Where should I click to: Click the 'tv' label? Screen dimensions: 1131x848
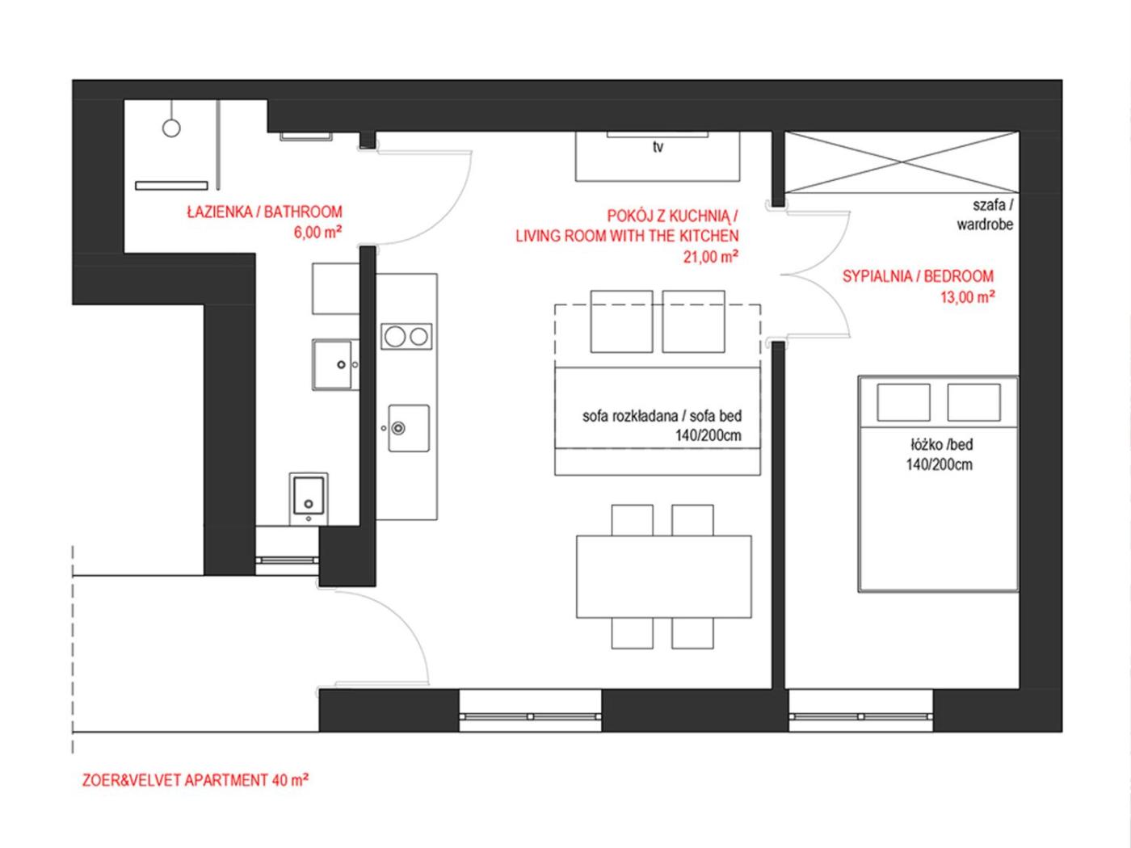658,147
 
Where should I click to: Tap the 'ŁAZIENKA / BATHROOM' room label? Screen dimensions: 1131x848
264,212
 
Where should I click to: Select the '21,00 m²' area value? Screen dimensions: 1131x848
711,256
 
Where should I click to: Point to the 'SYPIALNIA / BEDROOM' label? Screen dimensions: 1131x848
918,276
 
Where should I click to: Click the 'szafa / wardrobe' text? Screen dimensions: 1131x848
985,215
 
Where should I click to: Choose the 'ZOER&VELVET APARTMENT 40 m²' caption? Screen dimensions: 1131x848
196,780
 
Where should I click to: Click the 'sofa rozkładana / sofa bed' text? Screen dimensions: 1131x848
662,415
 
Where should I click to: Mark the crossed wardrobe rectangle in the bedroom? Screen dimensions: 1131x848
902,162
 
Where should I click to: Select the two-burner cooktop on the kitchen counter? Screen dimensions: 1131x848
406,337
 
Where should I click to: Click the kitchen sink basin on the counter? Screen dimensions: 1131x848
409,428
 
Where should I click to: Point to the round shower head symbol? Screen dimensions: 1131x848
171,128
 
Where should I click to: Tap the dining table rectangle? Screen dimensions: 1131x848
664,577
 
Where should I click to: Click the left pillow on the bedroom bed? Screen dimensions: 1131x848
903,402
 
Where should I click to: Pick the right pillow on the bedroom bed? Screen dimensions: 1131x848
973,402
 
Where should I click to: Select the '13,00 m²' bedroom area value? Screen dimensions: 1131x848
967,297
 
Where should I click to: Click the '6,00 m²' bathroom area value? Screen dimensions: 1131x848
317,233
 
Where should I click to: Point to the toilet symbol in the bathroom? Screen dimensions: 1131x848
309,498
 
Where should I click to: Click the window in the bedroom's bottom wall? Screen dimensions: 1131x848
860,716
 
